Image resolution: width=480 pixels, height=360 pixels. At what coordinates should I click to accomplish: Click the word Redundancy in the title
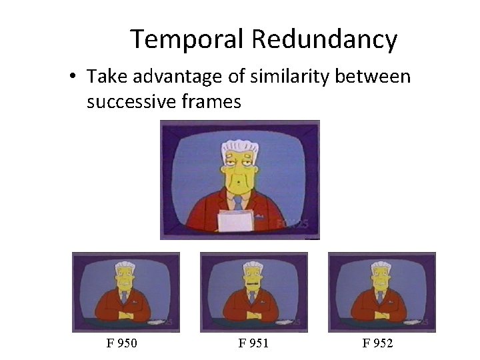pos(325,40)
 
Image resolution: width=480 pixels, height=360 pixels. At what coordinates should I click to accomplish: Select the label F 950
pos(121,343)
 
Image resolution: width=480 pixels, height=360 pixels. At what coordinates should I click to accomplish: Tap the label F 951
pos(253,343)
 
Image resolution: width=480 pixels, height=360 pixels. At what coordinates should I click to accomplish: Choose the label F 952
pos(377,343)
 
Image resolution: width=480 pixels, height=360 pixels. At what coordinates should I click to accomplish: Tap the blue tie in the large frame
pos(238,202)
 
